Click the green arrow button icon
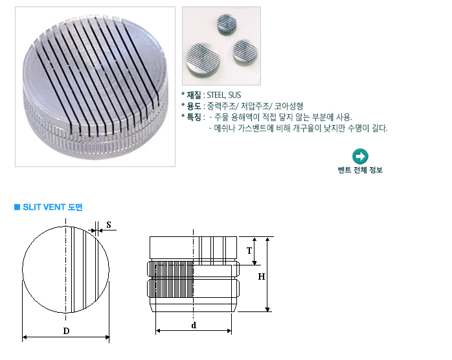coord(360,156)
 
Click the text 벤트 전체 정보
coord(360,170)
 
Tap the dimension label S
coord(109,225)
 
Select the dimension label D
coord(66,331)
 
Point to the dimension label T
coord(249,251)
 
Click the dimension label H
coord(262,276)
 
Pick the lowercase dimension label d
coord(194,325)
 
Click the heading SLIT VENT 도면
coord(52,207)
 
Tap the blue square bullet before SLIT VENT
coord(17,207)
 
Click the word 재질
coord(194,95)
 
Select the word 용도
coord(194,106)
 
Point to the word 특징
coord(194,117)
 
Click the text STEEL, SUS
coord(223,95)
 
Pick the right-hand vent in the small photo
coord(245,52)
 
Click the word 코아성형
coord(289,106)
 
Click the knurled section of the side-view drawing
coord(170,279)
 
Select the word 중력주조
coord(221,106)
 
